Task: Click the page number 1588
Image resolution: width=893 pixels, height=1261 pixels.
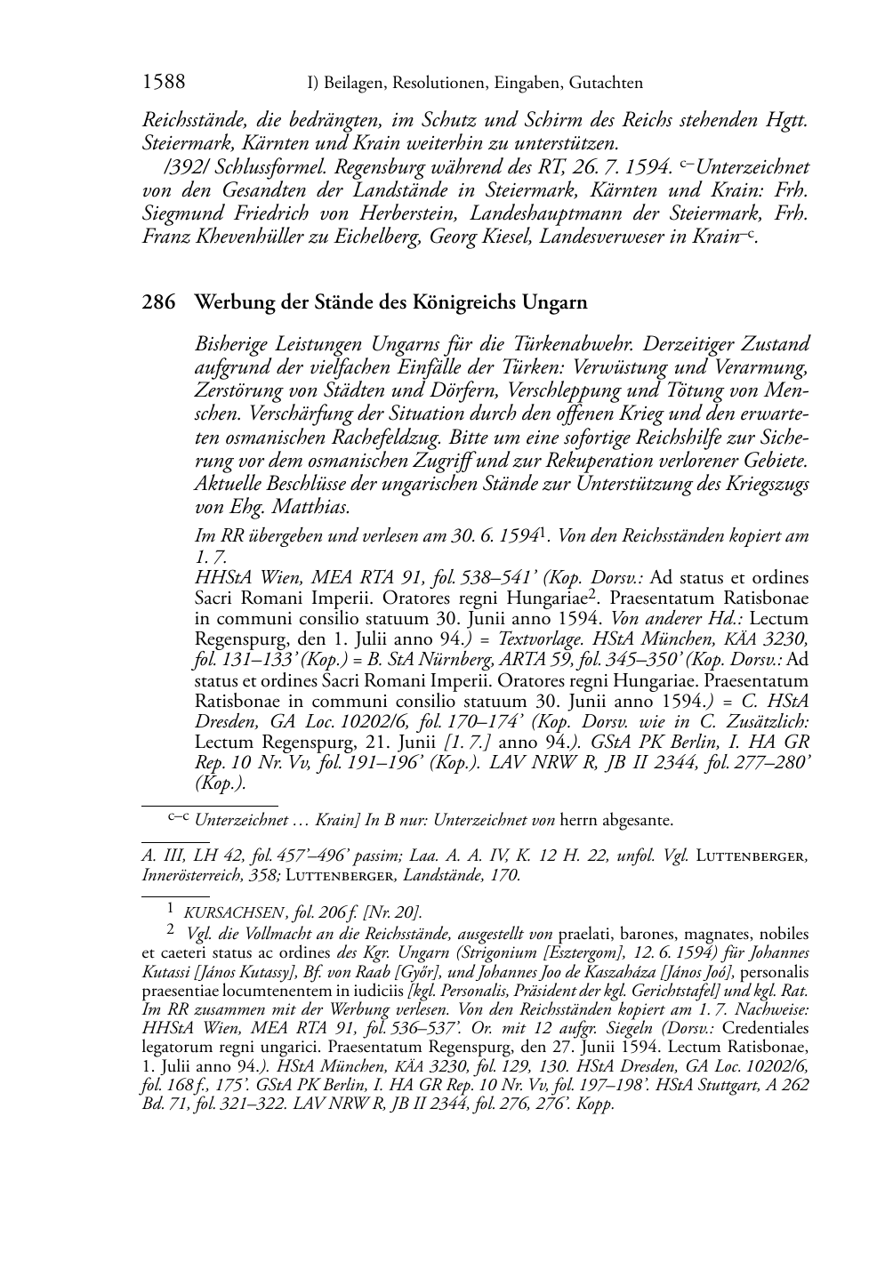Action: click(x=164, y=83)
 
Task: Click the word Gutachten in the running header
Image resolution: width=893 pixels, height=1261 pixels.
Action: click(x=608, y=84)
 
